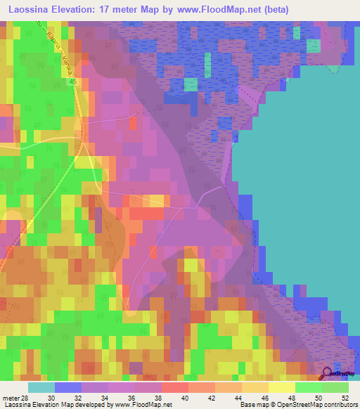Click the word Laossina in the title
[33, 11]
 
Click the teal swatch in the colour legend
[41, 387]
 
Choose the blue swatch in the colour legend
[67, 387]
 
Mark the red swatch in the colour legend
[174, 387]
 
